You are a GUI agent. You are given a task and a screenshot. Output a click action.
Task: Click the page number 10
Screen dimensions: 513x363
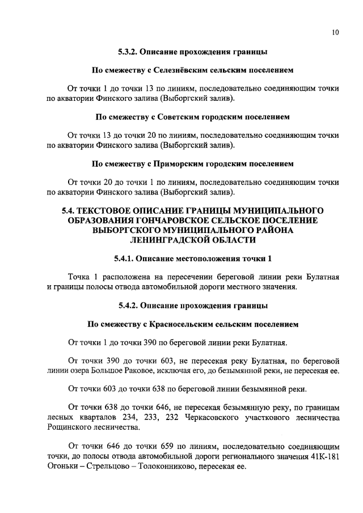coord(335,32)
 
